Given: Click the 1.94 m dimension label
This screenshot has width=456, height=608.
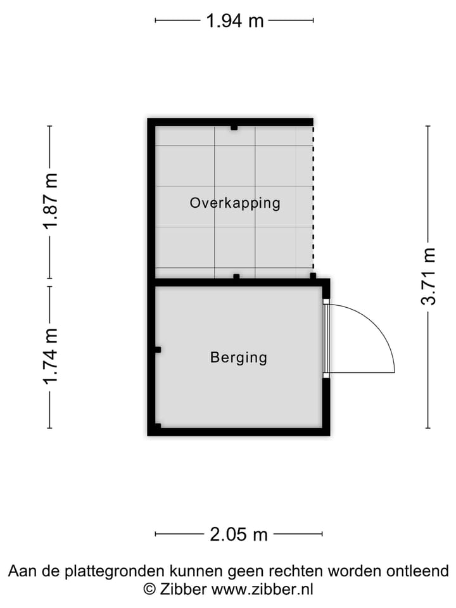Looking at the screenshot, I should click(234, 21).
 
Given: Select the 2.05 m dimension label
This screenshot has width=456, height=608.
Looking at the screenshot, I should click(239, 535).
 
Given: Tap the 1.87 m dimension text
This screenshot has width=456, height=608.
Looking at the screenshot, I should click(51, 201).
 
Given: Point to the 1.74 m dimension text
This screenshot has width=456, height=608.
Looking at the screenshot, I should click(51, 356).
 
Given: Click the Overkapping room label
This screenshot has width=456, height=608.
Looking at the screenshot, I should click(235, 203).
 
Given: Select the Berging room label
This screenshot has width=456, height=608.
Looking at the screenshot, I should click(239, 358).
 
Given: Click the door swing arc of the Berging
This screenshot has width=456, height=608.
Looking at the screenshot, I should click(377, 327).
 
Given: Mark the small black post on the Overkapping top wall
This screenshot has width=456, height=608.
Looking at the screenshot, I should click(234, 128).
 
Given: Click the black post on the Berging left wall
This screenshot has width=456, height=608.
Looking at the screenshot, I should click(158, 350).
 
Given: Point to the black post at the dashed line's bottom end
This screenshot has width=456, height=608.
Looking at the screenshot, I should click(313, 276).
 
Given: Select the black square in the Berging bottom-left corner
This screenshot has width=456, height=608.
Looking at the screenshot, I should click(158, 426).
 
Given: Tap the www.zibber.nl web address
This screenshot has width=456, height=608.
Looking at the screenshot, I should click(262, 589).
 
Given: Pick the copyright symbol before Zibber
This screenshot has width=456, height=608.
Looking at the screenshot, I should click(150, 589).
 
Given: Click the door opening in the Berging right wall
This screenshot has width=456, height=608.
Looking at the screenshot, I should click(326, 338).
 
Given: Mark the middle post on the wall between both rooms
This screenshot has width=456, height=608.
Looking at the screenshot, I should click(236, 277).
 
